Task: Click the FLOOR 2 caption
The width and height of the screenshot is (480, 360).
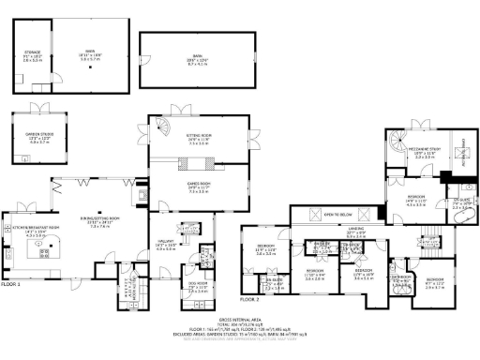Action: click(248, 300)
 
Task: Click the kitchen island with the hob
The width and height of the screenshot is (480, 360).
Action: click(39, 251)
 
